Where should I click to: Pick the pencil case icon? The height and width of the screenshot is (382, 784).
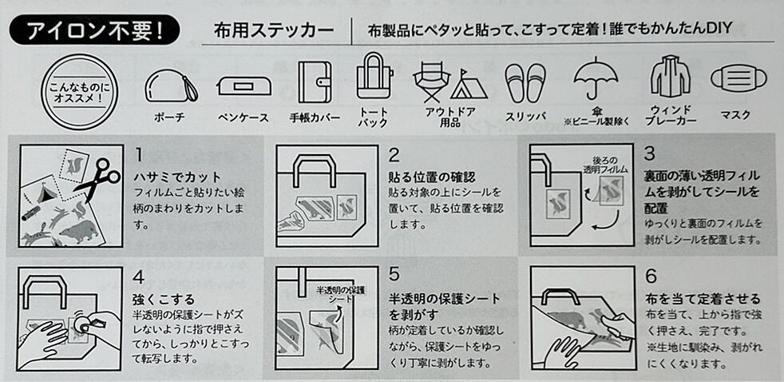coord(244,85)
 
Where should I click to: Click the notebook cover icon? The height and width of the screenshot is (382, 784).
coord(313,82)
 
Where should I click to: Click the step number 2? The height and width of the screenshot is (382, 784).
coord(394,155)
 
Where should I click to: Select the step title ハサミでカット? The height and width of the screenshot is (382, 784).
coord(177,176)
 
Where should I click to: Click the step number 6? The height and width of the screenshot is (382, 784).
coord(651,277)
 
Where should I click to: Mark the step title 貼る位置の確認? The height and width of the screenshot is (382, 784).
coord(432,177)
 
